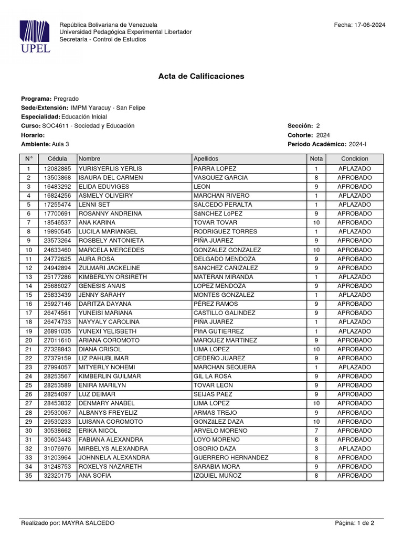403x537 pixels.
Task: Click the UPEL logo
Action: (35, 36)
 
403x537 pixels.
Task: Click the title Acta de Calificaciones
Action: (201, 76)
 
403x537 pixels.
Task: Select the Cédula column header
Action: (57, 158)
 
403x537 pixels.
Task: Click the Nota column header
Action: (316, 158)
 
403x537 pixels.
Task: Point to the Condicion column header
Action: (354, 158)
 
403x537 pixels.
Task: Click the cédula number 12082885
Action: (57, 169)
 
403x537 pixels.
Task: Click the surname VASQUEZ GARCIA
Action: (220, 178)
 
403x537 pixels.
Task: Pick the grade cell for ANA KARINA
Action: (316, 223)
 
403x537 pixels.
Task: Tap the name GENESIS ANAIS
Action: (103, 286)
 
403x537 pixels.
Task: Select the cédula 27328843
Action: (57, 349)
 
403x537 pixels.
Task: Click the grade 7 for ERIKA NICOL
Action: (316, 431)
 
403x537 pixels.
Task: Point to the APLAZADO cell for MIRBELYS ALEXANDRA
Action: (354, 449)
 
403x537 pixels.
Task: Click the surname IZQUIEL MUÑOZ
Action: (217, 476)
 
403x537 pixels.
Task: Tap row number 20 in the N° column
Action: (28, 340)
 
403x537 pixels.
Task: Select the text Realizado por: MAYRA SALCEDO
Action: (67, 523)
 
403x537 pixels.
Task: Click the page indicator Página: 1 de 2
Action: (354, 523)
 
